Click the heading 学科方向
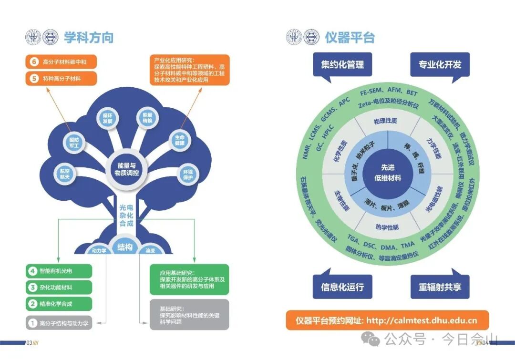[89, 37]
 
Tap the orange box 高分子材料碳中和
[62, 62]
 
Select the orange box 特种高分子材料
[62, 79]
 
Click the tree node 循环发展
[107, 118]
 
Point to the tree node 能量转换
[147, 118]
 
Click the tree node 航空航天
[65, 174]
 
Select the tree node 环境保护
[188, 175]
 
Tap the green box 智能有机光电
[59, 271]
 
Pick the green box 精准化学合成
[59, 304]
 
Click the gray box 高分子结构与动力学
[59, 323]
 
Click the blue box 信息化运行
[342, 287]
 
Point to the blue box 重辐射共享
[440, 287]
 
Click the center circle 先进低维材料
[391, 173]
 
